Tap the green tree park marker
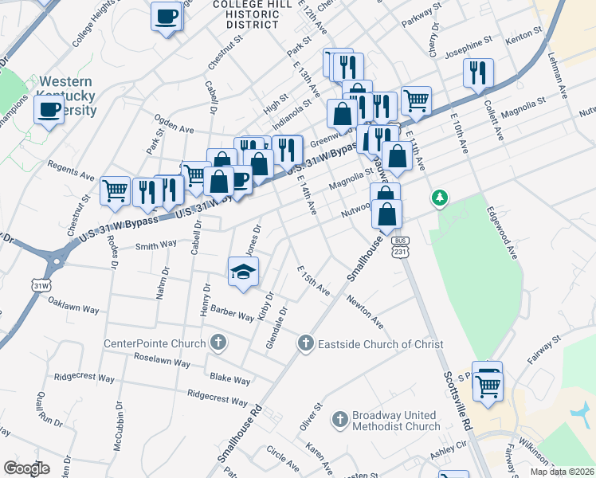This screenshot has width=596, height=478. coord(438,197)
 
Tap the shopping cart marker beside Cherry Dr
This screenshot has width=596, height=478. coord(416,100)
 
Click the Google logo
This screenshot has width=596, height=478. coord(26,468)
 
